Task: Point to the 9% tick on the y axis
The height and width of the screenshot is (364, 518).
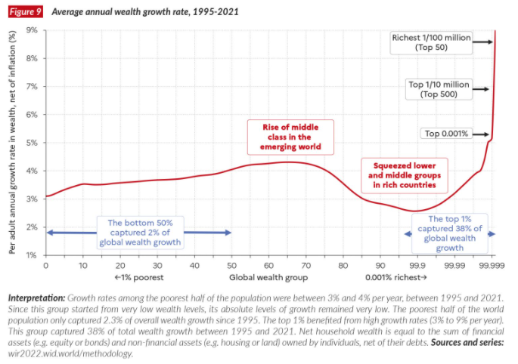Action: point(33,30)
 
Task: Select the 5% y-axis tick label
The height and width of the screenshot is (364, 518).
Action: point(33,143)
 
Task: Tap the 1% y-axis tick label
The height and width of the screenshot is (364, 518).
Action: point(33,255)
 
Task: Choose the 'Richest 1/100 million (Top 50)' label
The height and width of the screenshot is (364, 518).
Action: point(431,42)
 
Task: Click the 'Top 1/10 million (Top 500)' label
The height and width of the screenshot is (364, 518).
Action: point(439,89)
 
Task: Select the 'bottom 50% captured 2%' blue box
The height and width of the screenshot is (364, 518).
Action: point(140,233)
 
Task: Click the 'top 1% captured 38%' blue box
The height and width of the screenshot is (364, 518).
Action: point(450,233)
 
